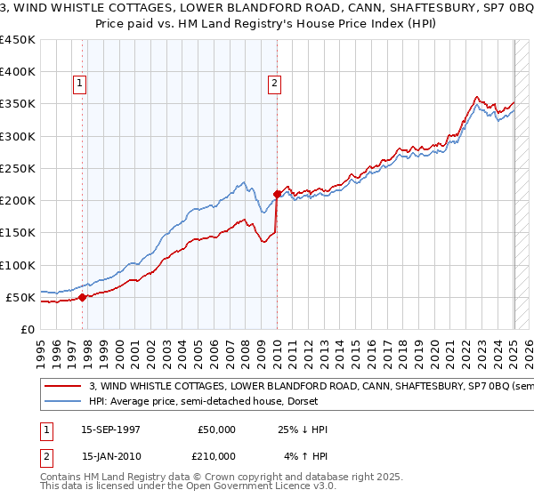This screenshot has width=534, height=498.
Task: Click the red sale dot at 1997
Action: [x=83, y=297]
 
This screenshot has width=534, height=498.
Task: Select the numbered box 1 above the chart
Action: [x=80, y=84]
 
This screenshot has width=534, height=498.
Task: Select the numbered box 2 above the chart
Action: [x=273, y=84]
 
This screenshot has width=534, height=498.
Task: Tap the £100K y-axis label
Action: [x=17, y=265]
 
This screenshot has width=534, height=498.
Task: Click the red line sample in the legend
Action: [x=62, y=387]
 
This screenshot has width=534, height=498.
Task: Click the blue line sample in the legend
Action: [x=62, y=401]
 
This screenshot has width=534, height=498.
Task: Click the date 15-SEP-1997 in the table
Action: [x=111, y=430]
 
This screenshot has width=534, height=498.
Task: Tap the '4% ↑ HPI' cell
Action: [x=302, y=456]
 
